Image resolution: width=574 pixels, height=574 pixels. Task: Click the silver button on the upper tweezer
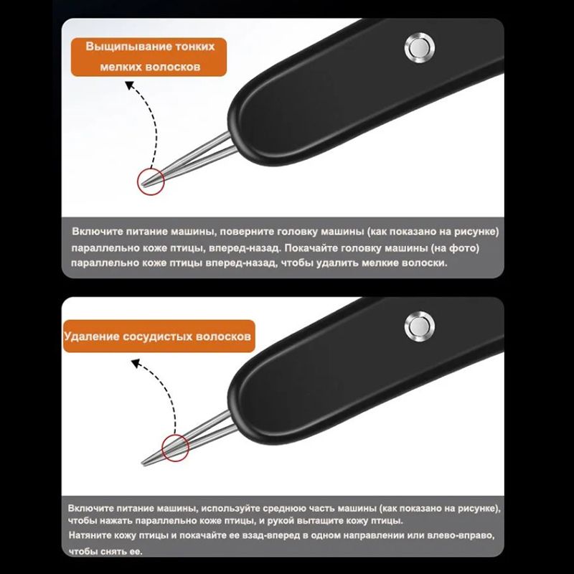(420, 47)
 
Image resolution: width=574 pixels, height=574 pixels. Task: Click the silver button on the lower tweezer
(420, 326)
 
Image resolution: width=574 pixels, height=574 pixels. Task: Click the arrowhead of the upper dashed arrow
(129, 85)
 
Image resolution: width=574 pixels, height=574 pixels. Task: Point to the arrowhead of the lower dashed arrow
(136, 364)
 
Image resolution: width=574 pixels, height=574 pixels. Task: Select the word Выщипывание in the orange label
(128, 47)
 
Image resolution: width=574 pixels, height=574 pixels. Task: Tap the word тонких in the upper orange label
(194, 47)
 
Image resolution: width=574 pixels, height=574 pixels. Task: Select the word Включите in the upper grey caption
(97, 232)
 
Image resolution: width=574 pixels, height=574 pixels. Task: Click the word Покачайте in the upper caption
(311, 248)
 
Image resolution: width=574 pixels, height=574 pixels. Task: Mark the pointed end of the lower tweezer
(142, 464)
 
